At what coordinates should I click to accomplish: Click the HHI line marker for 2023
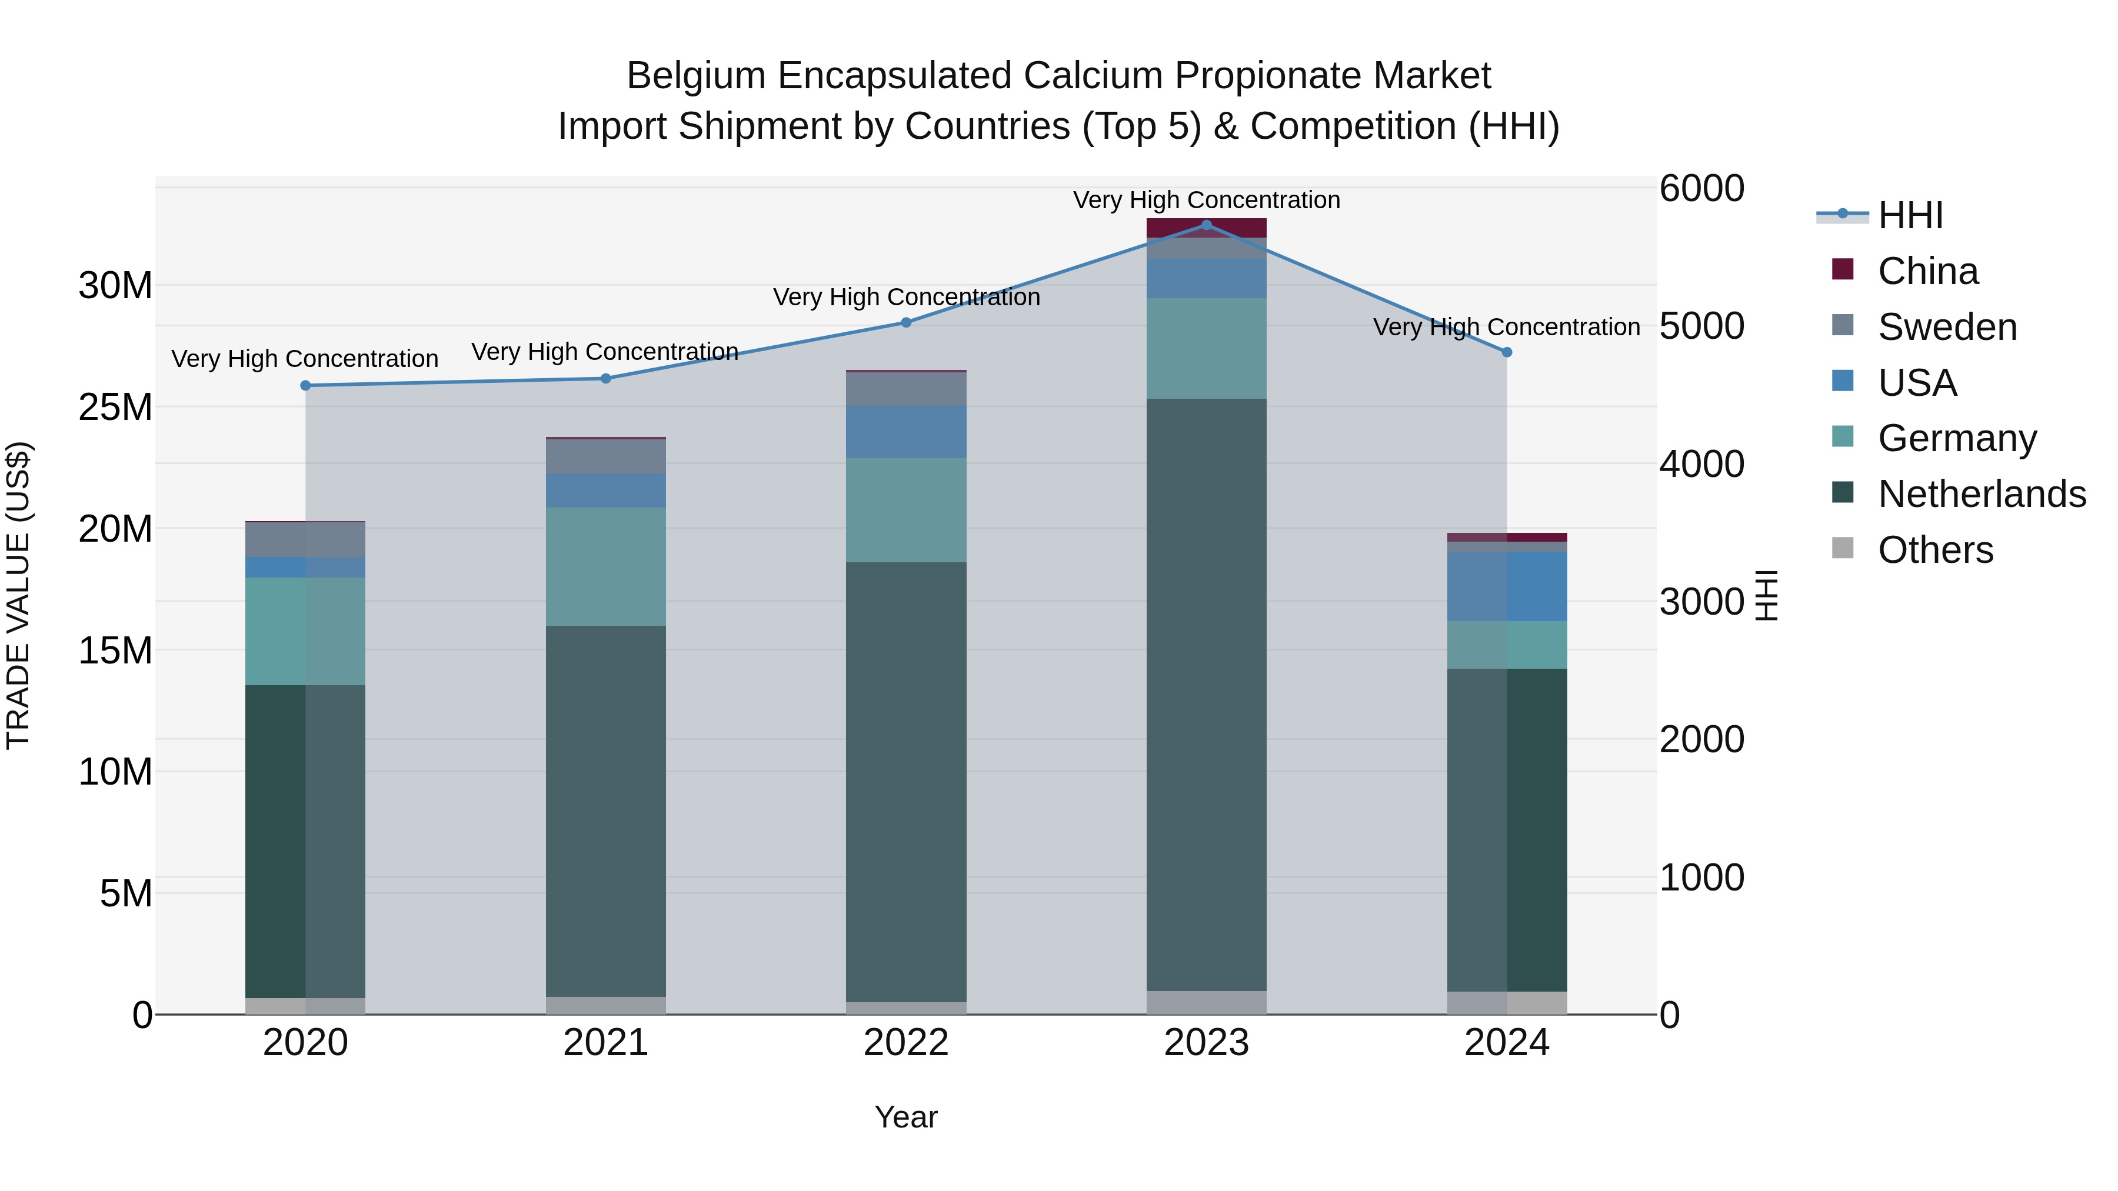click(1206, 225)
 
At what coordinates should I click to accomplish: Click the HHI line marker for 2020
click(306, 385)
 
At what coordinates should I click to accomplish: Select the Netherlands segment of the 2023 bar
click(1206, 695)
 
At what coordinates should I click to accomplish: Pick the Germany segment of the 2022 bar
click(906, 509)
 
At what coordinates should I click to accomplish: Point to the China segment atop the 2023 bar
click(1206, 228)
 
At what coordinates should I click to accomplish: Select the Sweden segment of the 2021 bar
click(606, 456)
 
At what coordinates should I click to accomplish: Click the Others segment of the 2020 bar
click(306, 1006)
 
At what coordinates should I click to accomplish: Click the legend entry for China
click(1927, 271)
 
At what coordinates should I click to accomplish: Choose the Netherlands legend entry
click(1981, 494)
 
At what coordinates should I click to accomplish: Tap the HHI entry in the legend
click(1910, 215)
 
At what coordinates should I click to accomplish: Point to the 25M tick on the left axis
click(115, 407)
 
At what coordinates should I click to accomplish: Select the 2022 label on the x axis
click(906, 1043)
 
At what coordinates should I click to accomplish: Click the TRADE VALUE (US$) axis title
click(18, 595)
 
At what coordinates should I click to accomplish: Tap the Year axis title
click(906, 1117)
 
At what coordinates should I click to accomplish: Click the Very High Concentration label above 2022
click(906, 297)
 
